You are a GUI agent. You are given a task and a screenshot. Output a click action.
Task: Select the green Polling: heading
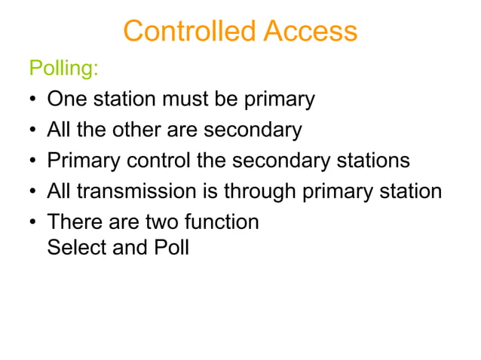pyautogui.click(x=63, y=69)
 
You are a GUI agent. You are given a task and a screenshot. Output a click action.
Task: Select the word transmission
pyautogui.click(x=139, y=192)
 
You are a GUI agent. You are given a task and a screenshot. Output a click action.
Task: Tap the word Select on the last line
pyautogui.click(x=70, y=247)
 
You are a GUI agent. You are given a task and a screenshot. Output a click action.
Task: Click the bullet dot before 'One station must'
pyautogui.click(x=33, y=100)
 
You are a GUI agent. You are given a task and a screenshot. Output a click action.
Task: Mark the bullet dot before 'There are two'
pyautogui.click(x=33, y=223)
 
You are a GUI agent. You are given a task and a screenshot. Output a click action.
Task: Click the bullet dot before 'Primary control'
pyautogui.click(x=33, y=162)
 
